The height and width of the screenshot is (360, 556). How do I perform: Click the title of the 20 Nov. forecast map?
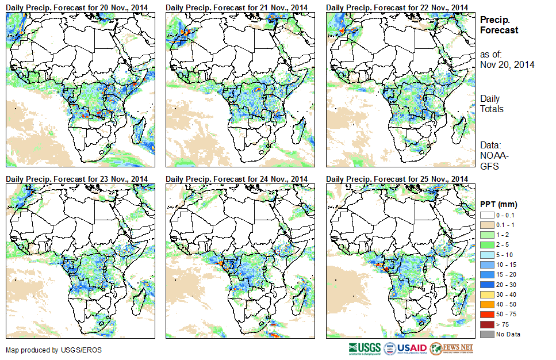[x=77, y=6]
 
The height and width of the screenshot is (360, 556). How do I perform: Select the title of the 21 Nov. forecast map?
[x=237, y=6]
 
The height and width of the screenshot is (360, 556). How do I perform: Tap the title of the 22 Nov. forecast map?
[x=397, y=6]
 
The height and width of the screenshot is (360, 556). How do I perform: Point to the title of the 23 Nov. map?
[x=77, y=179]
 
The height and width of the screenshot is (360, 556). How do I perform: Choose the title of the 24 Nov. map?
[x=237, y=179]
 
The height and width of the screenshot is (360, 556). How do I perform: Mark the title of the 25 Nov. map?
[x=397, y=179]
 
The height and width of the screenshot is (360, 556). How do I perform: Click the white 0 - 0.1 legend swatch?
[x=486, y=215]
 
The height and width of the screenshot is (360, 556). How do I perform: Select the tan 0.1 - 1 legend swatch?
[x=486, y=225]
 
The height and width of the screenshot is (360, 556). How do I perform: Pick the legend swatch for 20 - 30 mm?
[x=486, y=285]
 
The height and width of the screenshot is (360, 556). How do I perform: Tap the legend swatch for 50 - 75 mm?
[x=486, y=315]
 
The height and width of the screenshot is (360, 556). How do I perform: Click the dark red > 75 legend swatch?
[x=486, y=324]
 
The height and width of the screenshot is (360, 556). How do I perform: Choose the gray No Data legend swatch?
[x=486, y=334]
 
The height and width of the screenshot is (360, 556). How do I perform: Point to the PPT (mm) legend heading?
[x=499, y=205]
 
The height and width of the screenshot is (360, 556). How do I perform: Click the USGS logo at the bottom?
[x=364, y=348]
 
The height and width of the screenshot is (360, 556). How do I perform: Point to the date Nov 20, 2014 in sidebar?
[x=507, y=64]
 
